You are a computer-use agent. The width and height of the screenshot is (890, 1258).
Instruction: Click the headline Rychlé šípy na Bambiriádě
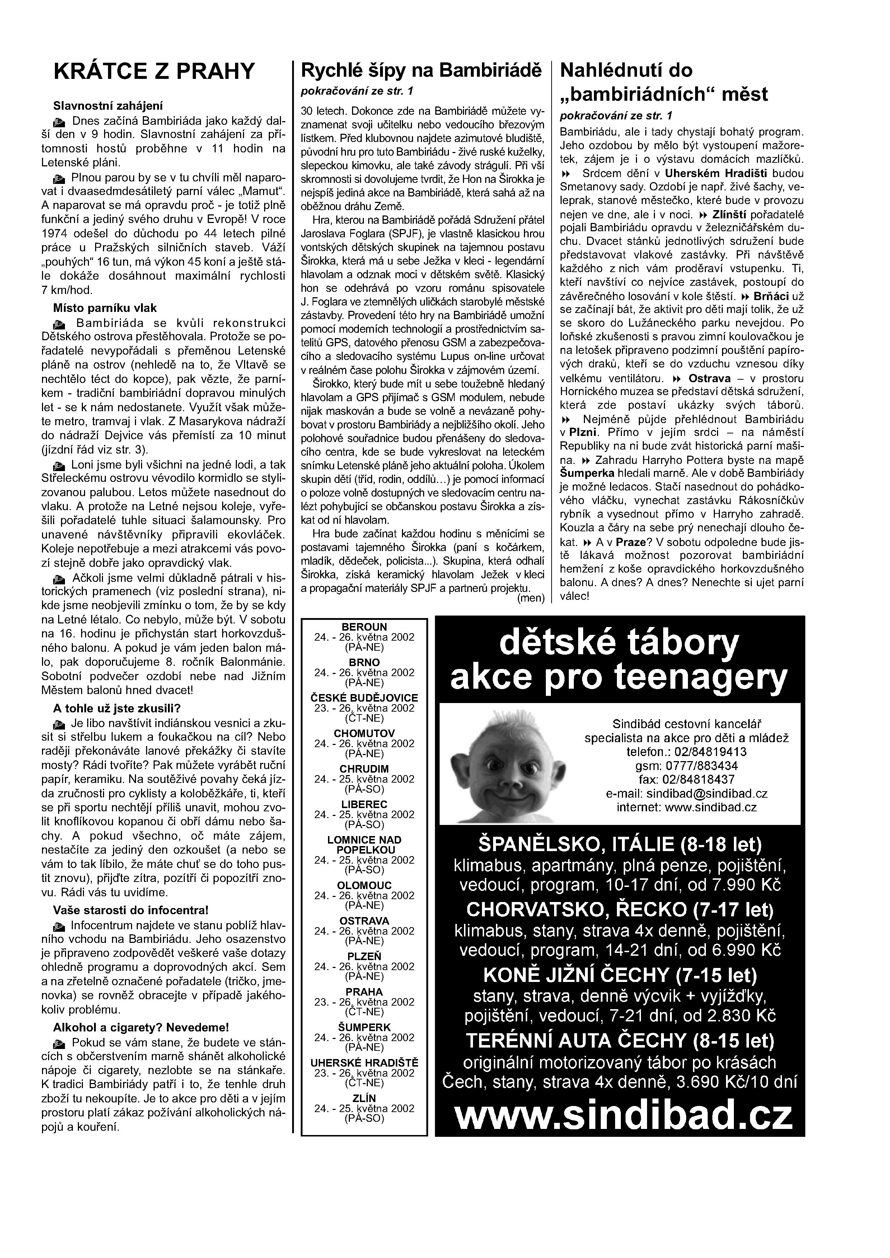tap(421, 70)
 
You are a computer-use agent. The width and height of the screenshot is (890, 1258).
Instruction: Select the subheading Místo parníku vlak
tap(105, 308)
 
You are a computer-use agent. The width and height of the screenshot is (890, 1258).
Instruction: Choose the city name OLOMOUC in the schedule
tap(364, 885)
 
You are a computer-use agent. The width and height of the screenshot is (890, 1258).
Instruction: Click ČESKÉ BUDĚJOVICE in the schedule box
tap(364, 698)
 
